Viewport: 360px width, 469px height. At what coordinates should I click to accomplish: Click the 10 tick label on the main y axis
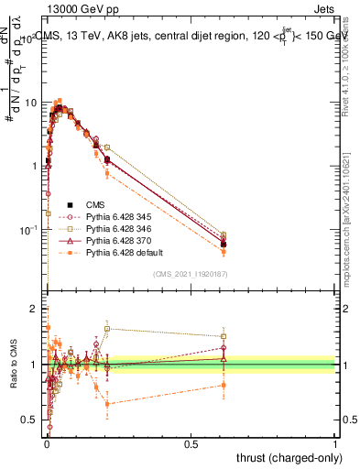point(29,103)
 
